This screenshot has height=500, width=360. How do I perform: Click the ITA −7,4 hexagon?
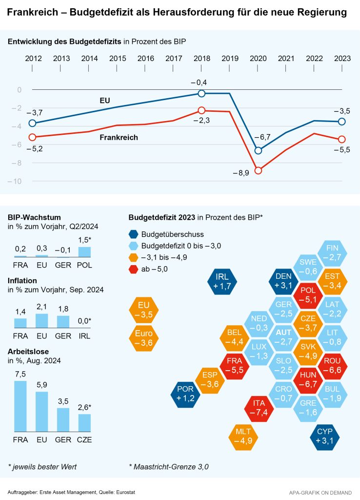[x=259, y=408]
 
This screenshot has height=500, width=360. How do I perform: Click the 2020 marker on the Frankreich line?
[x=258, y=170]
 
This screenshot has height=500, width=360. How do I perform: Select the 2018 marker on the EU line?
[x=201, y=93]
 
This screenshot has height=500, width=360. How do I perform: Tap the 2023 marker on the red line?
[x=342, y=140]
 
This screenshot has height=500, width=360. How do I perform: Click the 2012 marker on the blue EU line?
[x=32, y=123]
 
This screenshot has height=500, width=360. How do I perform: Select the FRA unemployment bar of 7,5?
[x=20, y=405]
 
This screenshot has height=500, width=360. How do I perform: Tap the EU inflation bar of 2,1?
[x=42, y=320]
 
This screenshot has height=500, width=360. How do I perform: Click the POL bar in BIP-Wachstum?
[x=84, y=251]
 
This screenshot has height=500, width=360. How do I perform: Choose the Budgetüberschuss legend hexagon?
[x=134, y=234]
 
